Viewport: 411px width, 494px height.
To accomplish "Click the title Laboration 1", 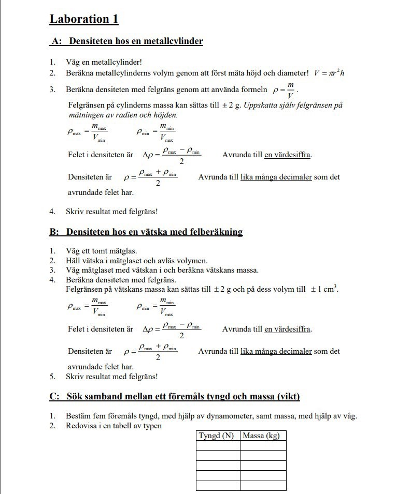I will tap(84, 19).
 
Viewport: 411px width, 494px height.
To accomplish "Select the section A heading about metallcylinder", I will tap(126, 41).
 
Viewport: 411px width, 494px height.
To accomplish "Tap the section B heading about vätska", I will tap(146, 232).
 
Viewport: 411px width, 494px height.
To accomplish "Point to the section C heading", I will tap(175, 397).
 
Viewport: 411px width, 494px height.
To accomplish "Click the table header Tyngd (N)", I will tap(218, 436).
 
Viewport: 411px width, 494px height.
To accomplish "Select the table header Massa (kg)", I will tap(263, 436).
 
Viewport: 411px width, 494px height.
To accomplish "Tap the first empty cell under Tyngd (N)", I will tap(218, 445).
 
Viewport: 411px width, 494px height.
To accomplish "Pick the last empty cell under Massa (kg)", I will tap(263, 486).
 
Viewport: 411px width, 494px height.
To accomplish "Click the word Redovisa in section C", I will tap(81, 426).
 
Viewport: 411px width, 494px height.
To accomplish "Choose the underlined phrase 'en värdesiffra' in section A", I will tap(288, 155).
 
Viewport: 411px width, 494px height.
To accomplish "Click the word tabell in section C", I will tap(121, 426).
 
